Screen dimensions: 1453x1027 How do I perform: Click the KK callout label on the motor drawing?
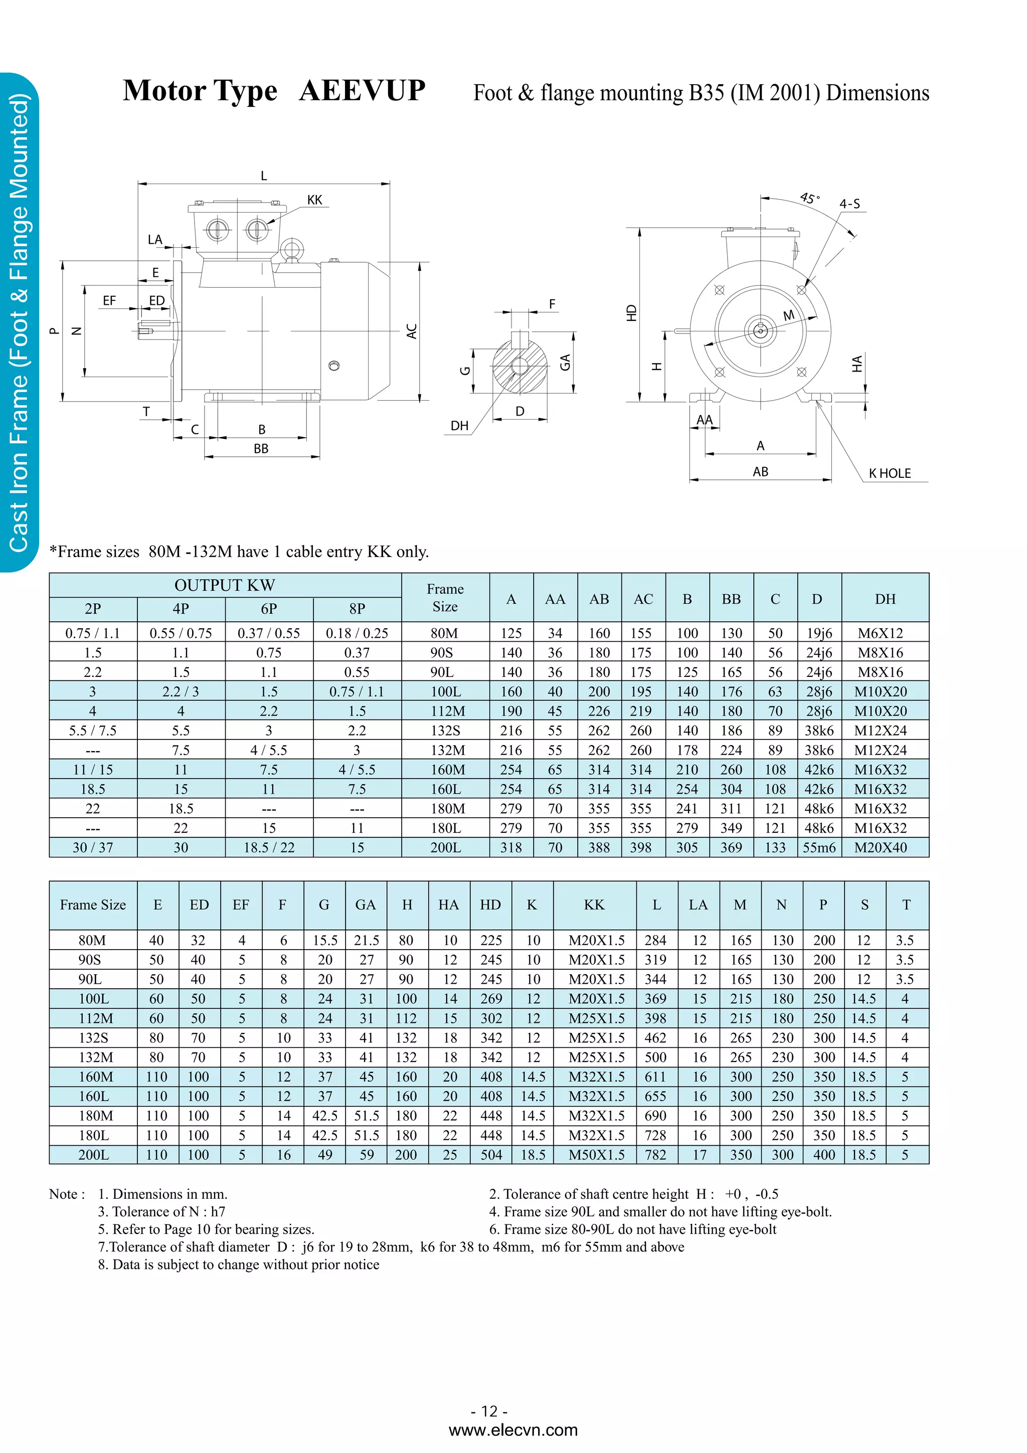(314, 200)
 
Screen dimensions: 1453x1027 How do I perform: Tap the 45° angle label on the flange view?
(809, 199)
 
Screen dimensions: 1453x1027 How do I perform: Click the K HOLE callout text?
(889, 473)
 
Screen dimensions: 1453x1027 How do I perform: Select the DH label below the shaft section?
(459, 426)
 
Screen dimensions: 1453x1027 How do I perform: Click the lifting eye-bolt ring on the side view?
(292, 248)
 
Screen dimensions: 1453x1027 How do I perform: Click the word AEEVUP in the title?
(362, 90)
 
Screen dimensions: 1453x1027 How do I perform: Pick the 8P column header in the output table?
(357, 609)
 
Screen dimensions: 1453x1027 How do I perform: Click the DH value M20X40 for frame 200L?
(880, 847)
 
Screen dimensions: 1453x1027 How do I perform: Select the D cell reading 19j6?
(819, 633)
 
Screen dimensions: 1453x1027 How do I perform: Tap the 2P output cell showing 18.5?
(92, 789)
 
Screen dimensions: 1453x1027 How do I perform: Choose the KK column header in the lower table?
(594, 905)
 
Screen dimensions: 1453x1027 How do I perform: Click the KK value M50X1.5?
(596, 1155)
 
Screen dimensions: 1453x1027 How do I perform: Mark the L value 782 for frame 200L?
(655, 1155)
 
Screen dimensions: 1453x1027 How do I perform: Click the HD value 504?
(490, 1155)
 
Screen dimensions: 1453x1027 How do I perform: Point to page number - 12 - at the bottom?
(489, 1411)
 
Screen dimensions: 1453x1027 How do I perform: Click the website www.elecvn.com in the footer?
(512, 1430)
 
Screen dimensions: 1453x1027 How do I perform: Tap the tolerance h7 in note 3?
(218, 1212)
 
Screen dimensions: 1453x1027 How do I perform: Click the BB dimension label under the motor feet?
(261, 449)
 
